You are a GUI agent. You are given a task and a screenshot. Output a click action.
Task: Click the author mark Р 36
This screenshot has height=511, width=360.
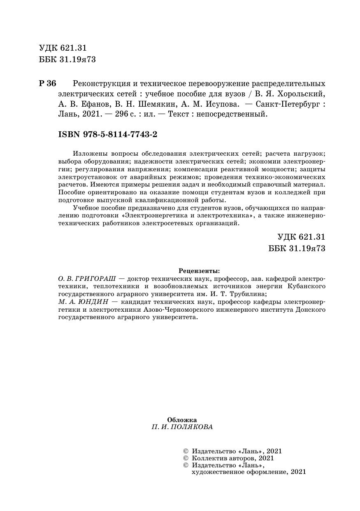coord(47,83)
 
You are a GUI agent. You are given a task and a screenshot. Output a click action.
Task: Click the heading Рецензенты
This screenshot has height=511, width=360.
coord(200,271)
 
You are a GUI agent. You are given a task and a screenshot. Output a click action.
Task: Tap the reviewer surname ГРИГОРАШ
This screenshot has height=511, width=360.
coord(98,278)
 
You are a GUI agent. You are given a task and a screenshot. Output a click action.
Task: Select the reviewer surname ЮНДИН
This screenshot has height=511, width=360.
coord(92,302)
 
